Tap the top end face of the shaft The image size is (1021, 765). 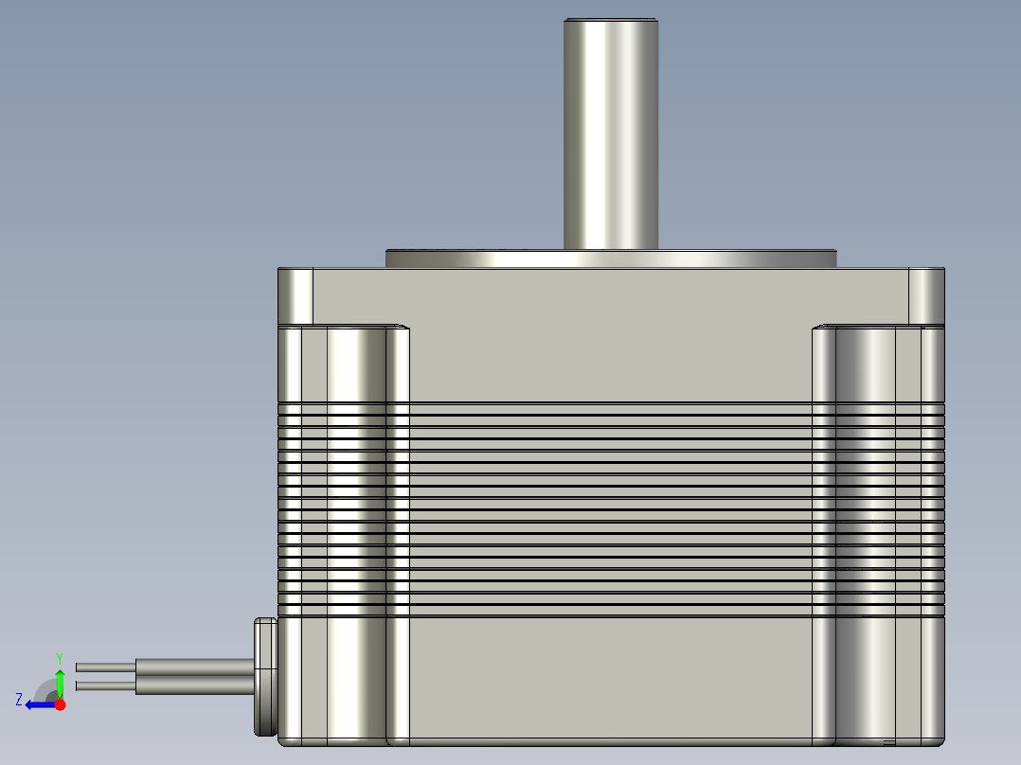611,20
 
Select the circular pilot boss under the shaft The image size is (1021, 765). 611,258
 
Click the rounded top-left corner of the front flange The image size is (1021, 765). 295,295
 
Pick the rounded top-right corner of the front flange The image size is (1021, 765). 926,295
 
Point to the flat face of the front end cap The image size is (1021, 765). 611,295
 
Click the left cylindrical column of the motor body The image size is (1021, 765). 356,530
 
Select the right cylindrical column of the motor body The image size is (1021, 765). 865,530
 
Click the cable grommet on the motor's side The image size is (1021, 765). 265,677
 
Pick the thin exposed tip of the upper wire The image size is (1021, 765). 105,667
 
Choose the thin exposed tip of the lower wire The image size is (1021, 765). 105,685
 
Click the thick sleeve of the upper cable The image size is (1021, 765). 194,667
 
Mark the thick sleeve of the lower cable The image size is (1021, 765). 194,685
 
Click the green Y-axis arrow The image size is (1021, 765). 60,680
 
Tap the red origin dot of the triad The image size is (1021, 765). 60,704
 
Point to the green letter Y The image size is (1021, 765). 59,657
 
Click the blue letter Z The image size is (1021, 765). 19,700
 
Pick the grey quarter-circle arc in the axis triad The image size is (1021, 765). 45,687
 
